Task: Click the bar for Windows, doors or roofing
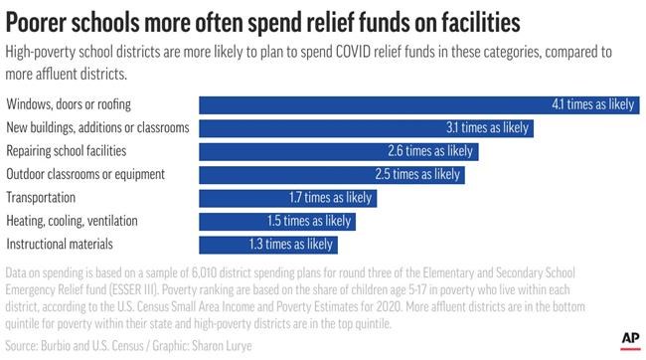pyautogui.click(x=417, y=104)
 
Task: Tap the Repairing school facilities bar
pyautogui.click(x=338, y=151)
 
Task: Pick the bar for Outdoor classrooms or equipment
pyautogui.click(x=332, y=174)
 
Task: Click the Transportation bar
pyautogui.click(x=288, y=198)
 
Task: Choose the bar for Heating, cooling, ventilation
pyautogui.click(x=277, y=221)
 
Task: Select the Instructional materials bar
pyautogui.click(x=268, y=244)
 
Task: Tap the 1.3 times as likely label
pyautogui.click(x=291, y=244)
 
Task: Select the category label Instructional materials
pyautogui.click(x=60, y=244)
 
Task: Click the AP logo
pyautogui.click(x=628, y=340)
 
